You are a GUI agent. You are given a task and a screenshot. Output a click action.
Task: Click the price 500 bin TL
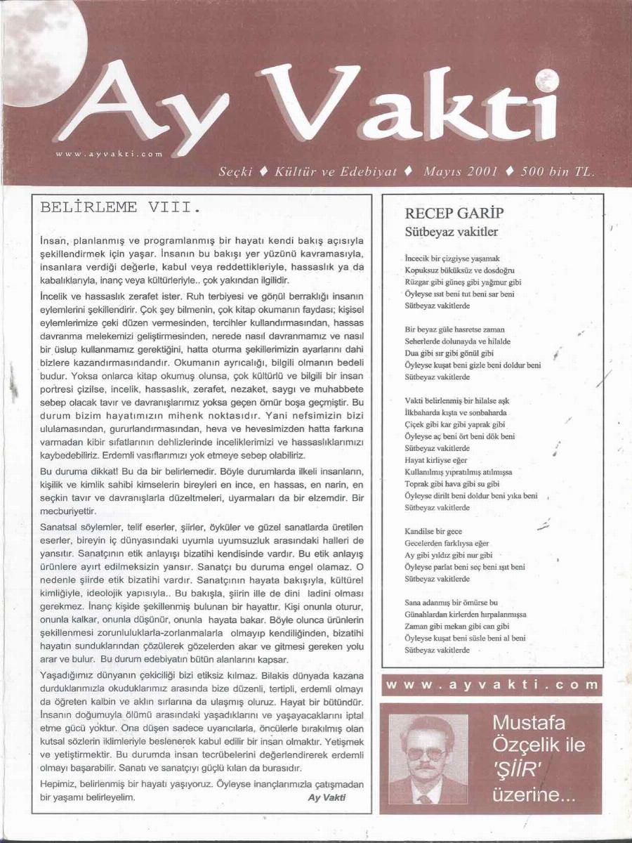click(x=558, y=171)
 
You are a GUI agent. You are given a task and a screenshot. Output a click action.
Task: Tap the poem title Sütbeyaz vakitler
click(x=452, y=232)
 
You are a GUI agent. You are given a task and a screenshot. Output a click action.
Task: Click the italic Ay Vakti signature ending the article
click(x=327, y=797)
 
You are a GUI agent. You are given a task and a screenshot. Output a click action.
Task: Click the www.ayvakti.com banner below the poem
click(x=492, y=685)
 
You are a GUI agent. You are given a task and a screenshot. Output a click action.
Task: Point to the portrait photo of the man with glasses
click(x=428, y=759)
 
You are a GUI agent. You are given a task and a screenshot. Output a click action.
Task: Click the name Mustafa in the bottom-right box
click(x=538, y=721)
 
